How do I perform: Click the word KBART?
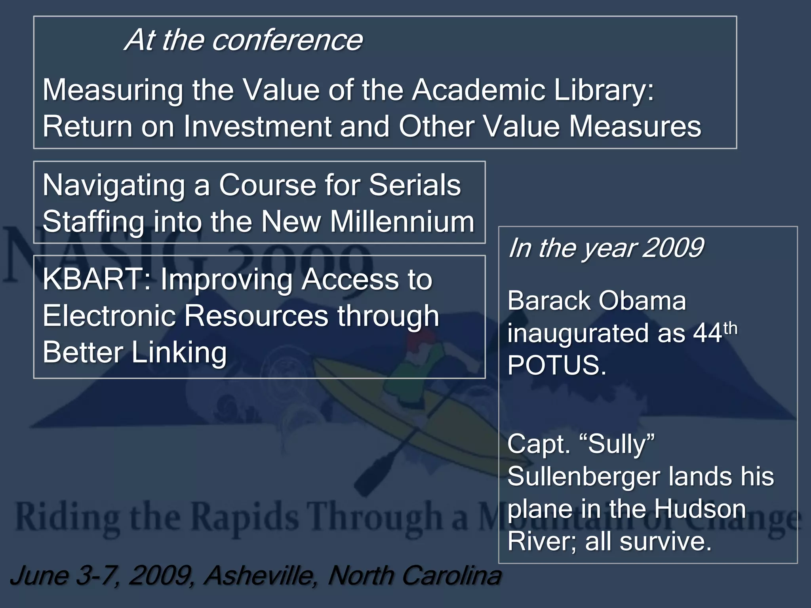tap(97, 279)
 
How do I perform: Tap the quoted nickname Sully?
tap(620, 444)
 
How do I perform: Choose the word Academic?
tap(478, 90)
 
